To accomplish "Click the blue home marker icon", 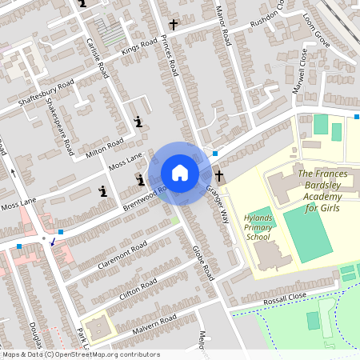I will click(180, 173).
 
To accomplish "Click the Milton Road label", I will click(104, 147).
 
